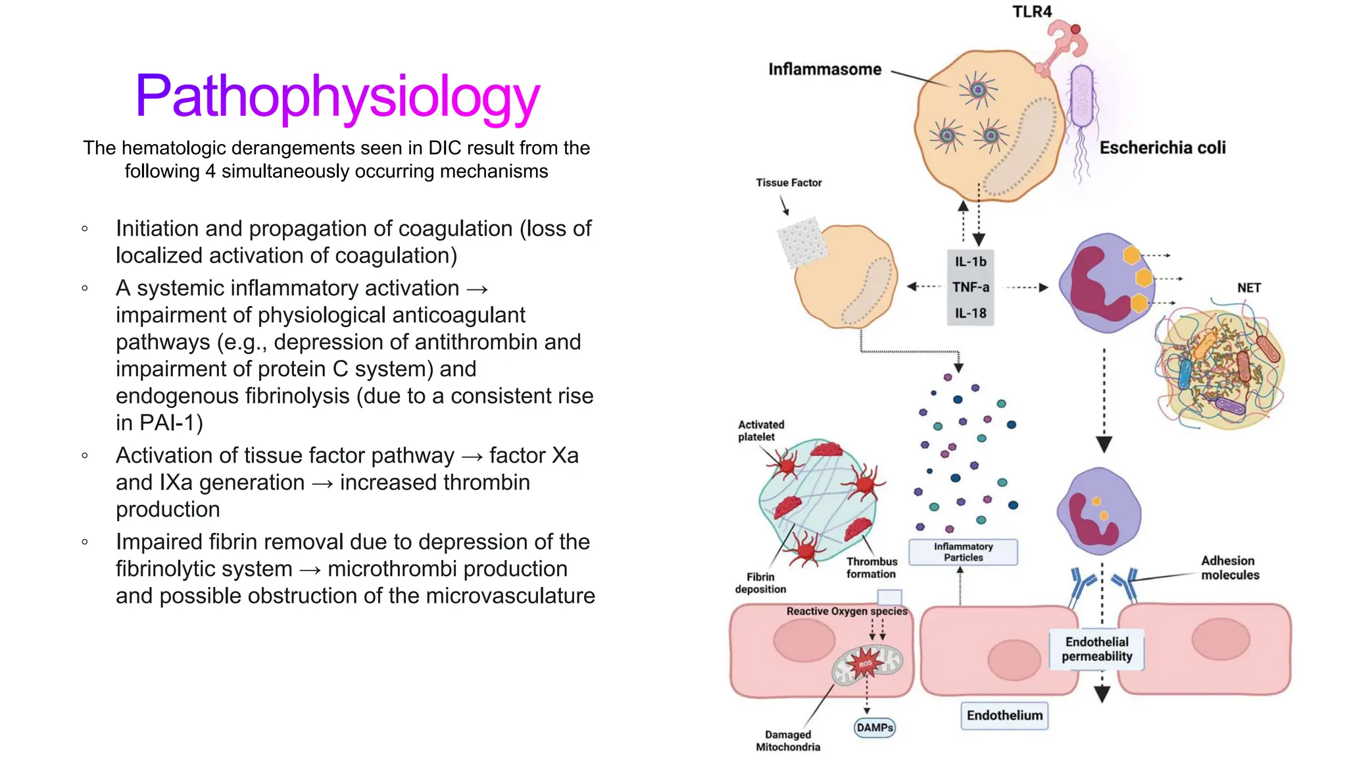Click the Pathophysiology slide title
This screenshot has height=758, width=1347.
click(x=337, y=97)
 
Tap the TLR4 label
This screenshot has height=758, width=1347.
click(x=1031, y=12)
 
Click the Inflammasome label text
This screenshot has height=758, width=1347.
click(x=824, y=69)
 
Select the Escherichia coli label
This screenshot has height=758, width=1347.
click(x=1162, y=147)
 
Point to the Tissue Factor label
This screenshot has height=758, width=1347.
click(x=788, y=182)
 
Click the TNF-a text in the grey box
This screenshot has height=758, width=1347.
click(x=971, y=287)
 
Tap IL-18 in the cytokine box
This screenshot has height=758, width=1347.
click(x=971, y=313)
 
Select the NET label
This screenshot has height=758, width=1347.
click(x=1248, y=288)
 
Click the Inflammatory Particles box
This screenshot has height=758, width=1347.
click(x=963, y=552)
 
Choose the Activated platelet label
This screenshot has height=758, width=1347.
click(x=761, y=430)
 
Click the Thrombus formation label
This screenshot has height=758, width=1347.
click(x=871, y=567)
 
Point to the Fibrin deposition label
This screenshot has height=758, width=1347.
click(x=760, y=583)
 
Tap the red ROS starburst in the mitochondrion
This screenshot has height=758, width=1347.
click(x=865, y=663)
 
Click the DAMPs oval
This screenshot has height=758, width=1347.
click(x=875, y=727)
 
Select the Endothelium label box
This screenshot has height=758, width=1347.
click(x=1004, y=715)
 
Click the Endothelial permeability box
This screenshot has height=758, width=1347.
click(x=1096, y=649)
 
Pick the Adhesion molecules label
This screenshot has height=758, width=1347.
click(x=1229, y=567)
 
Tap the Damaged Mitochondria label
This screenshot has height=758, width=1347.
click(x=788, y=740)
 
